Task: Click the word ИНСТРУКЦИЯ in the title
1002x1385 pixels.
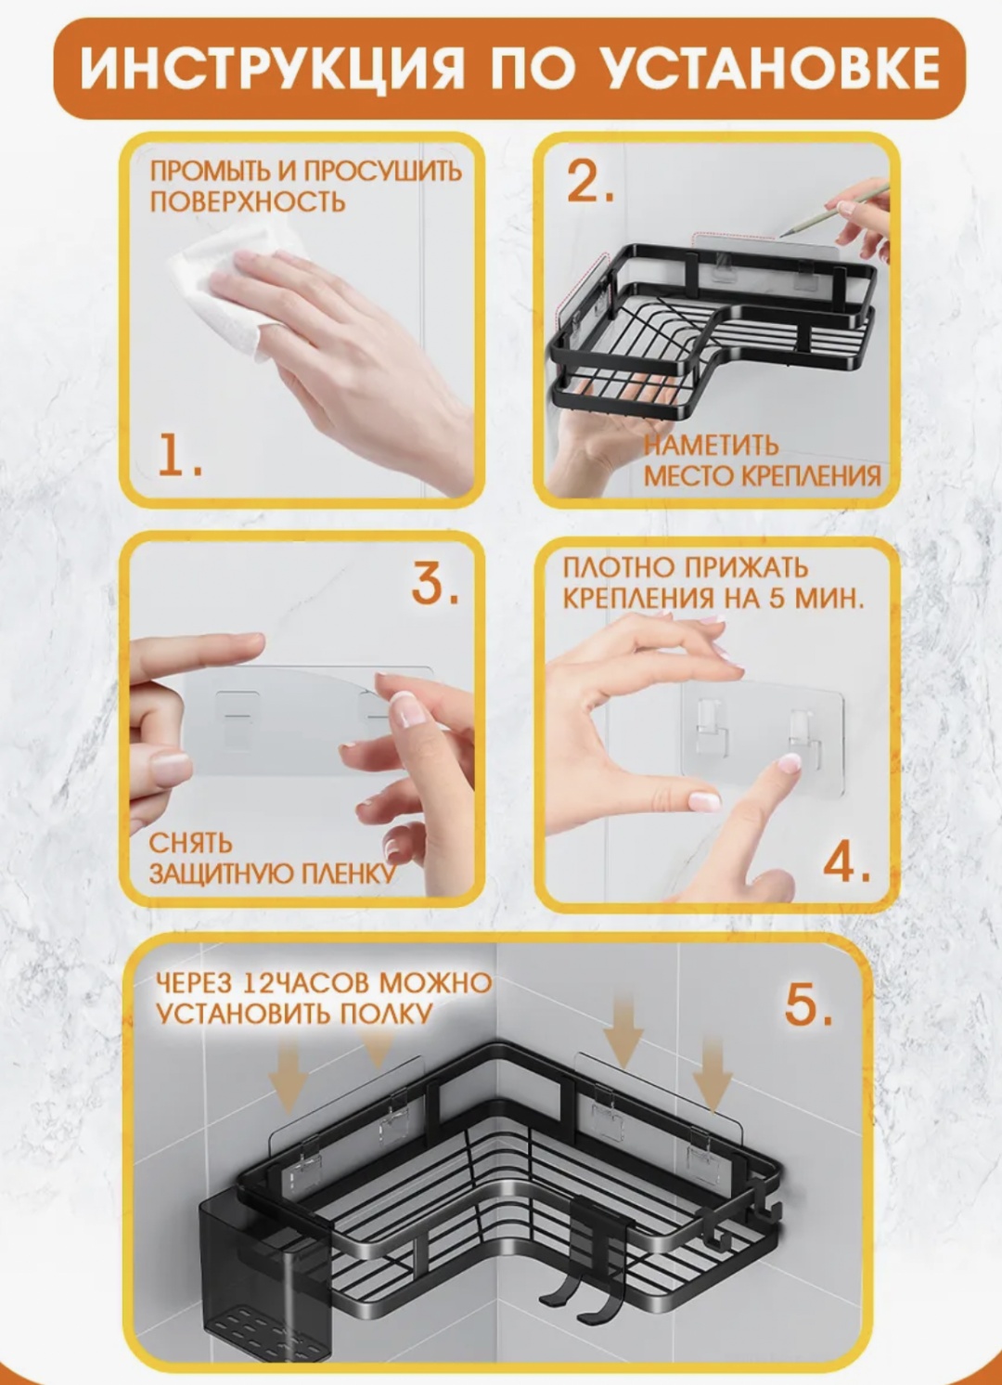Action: click(271, 69)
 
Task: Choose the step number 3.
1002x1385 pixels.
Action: click(435, 583)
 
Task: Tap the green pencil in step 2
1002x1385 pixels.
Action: click(834, 211)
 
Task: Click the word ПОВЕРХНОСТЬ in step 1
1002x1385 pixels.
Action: click(248, 202)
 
